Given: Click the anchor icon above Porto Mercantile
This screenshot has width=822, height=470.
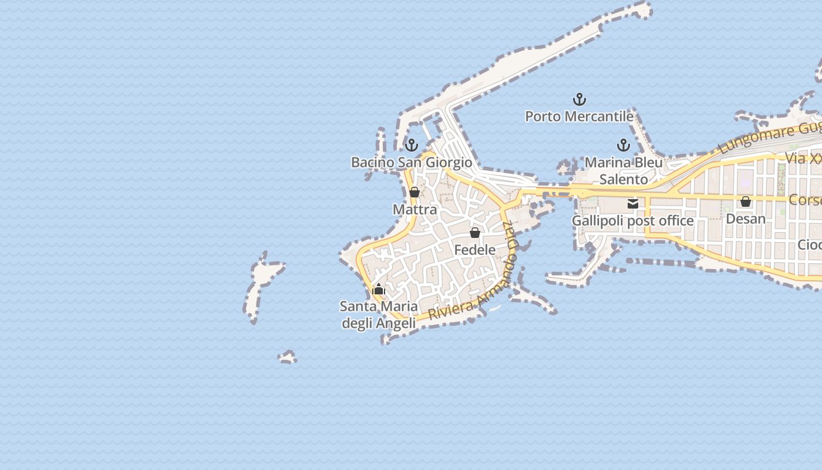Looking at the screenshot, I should coord(580,99).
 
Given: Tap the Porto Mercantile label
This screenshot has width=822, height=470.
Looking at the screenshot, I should coord(579,116).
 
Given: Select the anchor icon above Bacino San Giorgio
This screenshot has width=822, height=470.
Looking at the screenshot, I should coord(412,145).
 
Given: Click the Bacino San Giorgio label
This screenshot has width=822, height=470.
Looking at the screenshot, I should coord(411,162).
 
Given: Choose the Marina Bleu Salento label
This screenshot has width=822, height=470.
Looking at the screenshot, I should coord(624,170).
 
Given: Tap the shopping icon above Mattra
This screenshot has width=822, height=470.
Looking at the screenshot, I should coord(415,192).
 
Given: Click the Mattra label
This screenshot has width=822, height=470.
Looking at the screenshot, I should coord(415,210).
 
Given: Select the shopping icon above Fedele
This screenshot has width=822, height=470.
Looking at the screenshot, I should coord(475,233).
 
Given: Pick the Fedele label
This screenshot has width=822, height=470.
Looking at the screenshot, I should coord(475,250).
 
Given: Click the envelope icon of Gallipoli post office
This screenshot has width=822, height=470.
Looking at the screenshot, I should coord(633,204).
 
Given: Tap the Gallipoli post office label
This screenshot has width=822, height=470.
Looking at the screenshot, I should coord(633,221).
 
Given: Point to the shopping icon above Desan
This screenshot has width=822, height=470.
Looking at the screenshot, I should coord(746,202).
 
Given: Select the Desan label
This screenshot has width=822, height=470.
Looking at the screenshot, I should coord(746,219).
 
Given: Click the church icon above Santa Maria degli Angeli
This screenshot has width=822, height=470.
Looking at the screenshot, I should coord(379,289).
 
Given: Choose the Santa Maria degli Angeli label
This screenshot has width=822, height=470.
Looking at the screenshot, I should coord(379,315).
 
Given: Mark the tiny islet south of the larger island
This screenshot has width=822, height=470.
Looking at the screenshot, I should coord(287,357).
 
